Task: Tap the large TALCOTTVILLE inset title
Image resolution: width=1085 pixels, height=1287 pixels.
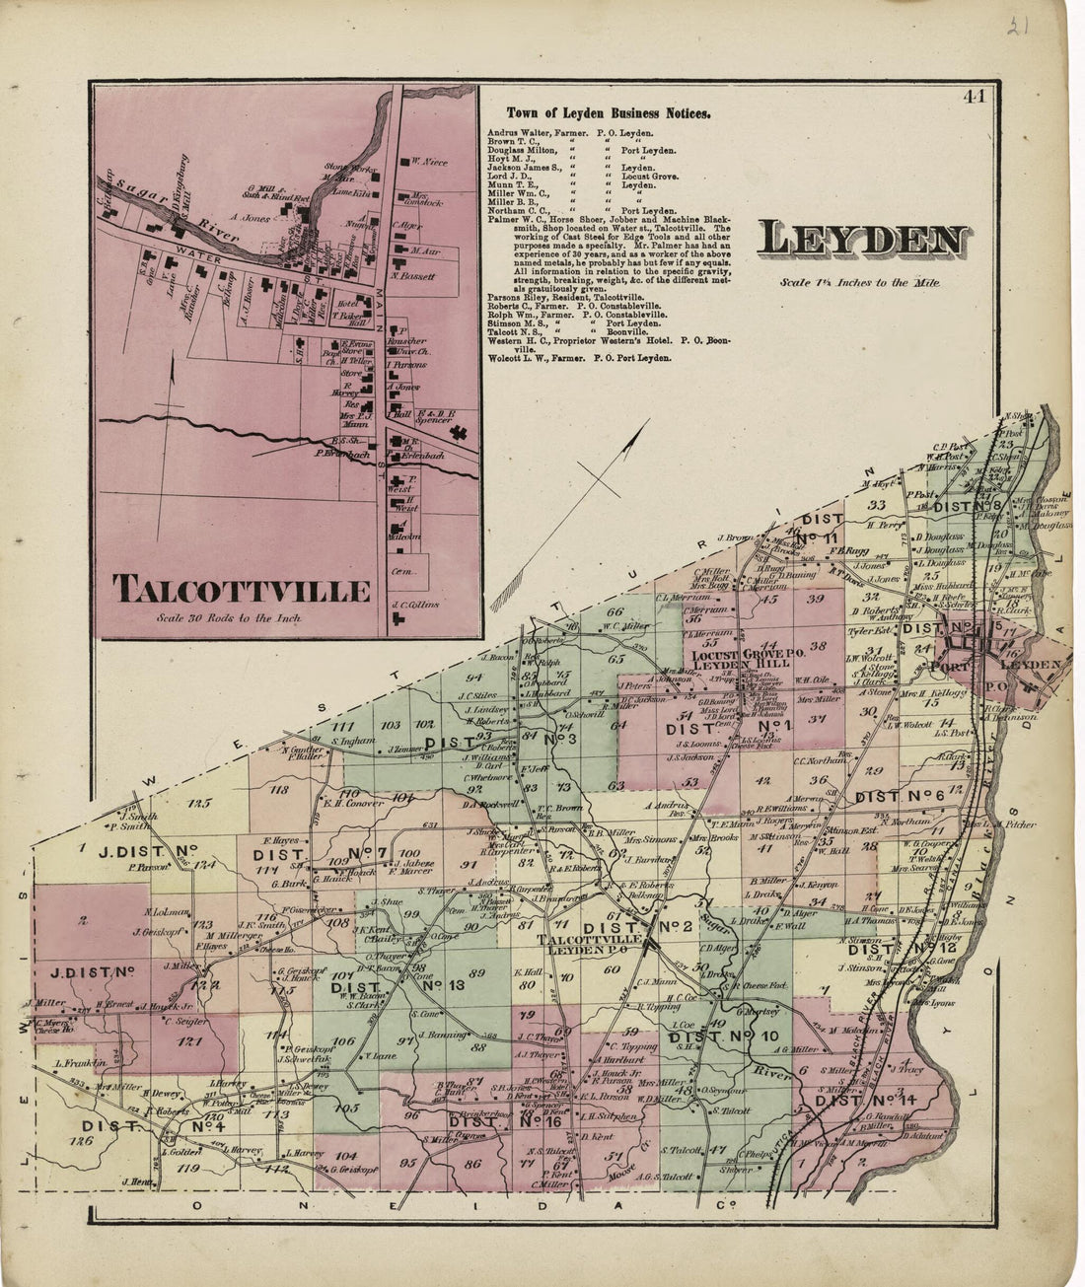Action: [243, 589]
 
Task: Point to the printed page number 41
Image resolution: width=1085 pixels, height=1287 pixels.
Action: [976, 97]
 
